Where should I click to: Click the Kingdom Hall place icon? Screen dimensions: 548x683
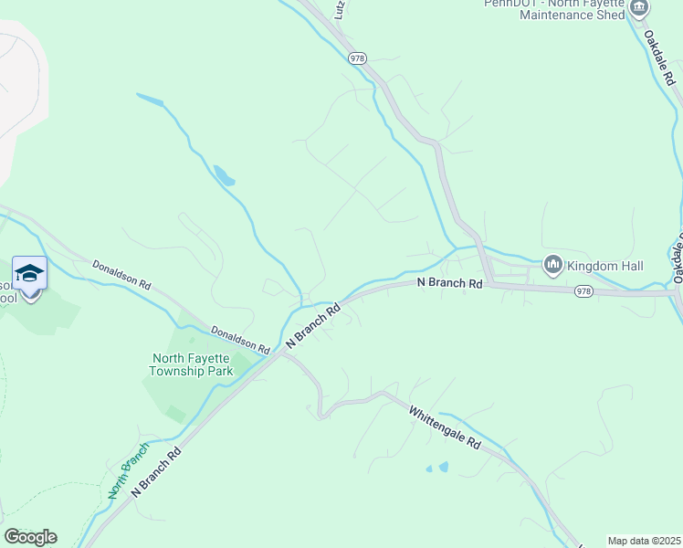(x=552, y=265)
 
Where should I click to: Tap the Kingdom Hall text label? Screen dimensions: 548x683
(x=605, y=266)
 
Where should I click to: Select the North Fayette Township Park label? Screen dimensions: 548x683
(x=192, y=364)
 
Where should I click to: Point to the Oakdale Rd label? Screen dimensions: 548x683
(x=662, y=58)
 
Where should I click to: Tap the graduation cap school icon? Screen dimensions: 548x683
(x=29, y=273)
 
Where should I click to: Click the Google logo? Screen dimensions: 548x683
(x=30, y=537)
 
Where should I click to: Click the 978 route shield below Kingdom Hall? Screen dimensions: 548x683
(x=585, y=291)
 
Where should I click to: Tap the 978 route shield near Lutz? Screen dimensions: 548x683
(x=357, y=58)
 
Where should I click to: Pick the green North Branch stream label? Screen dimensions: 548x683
(x=128, y=469)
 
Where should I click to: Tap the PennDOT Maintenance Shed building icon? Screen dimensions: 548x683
(x=638, y=8)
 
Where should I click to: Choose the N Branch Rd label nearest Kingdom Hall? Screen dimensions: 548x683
(x=449, y=283)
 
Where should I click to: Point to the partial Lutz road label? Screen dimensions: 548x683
(x=340, y=9)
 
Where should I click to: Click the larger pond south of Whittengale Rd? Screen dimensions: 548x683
(x=444, y=467)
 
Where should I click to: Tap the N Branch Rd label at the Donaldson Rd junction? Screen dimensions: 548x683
(x=313, y=324)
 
